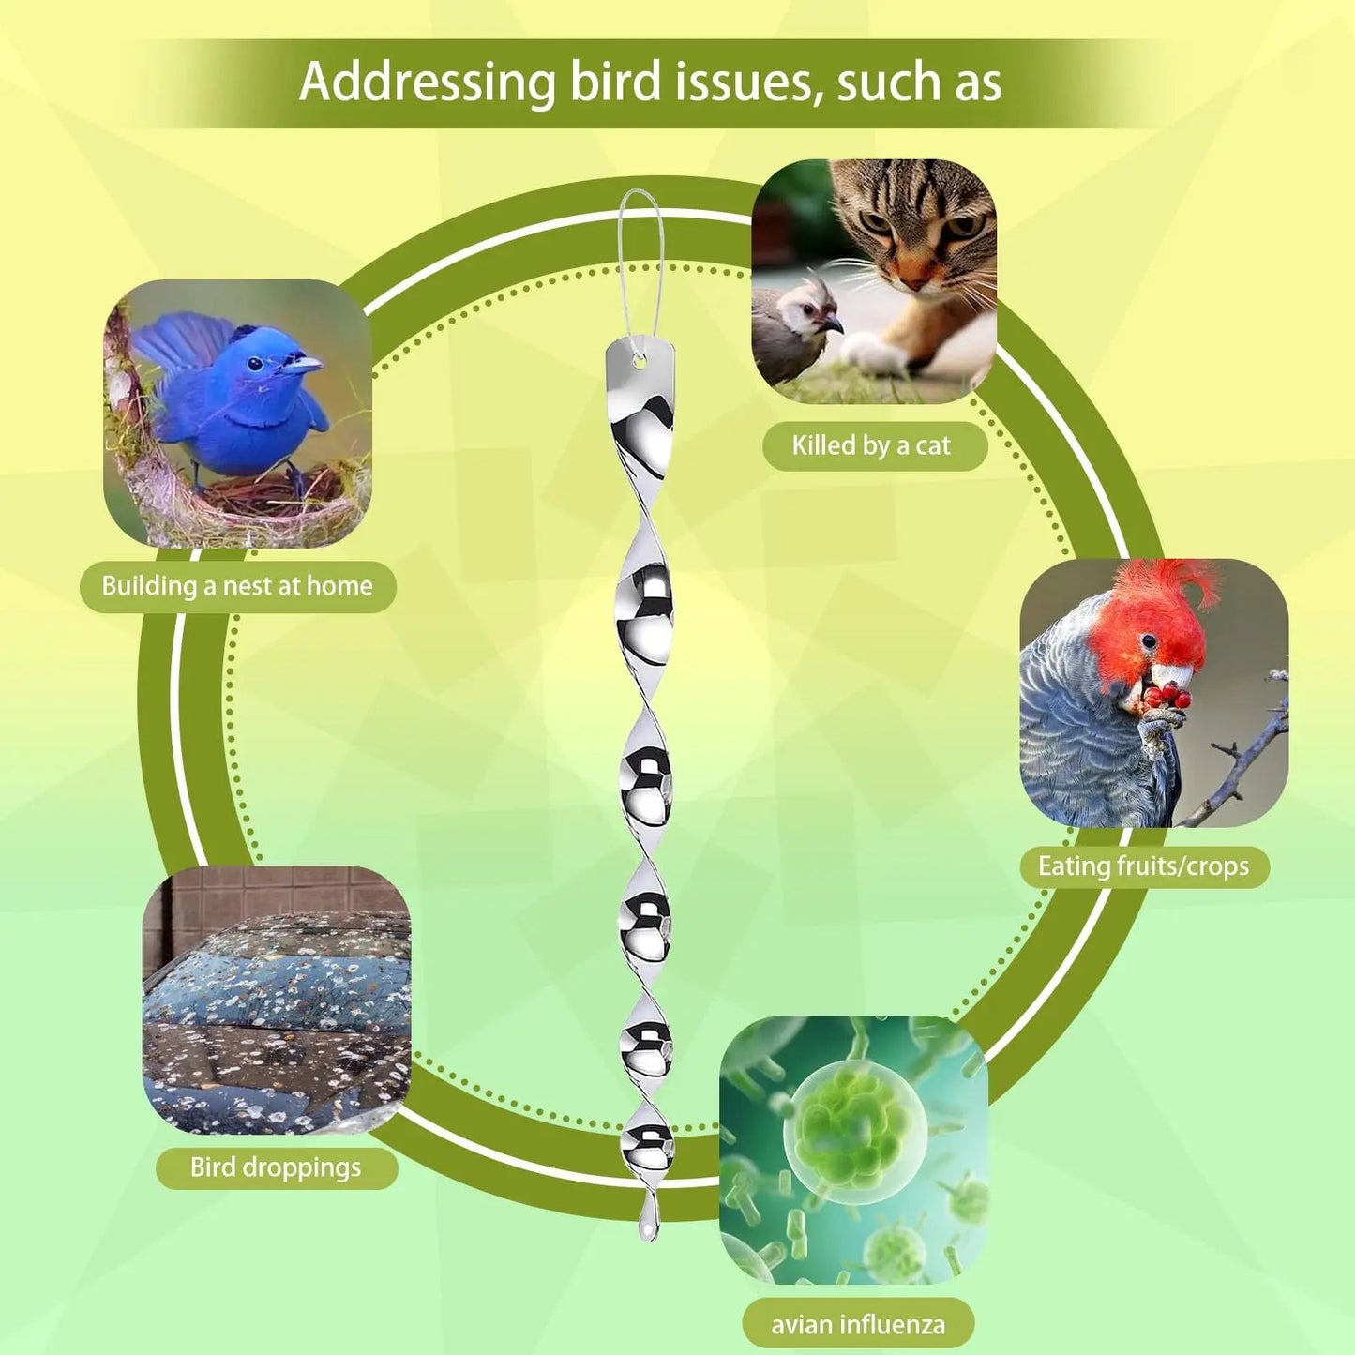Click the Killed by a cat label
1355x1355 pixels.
pyautogui.click(x=872, y=445)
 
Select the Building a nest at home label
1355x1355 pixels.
pyautogui.click(x=237, y=586)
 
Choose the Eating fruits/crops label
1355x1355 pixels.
pyautogui.click(x=1143, y=866)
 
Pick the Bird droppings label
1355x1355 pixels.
pyautogui.click(x=276, y=1167)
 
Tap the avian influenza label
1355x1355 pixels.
pyautogui.click(x=858, y=1324)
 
